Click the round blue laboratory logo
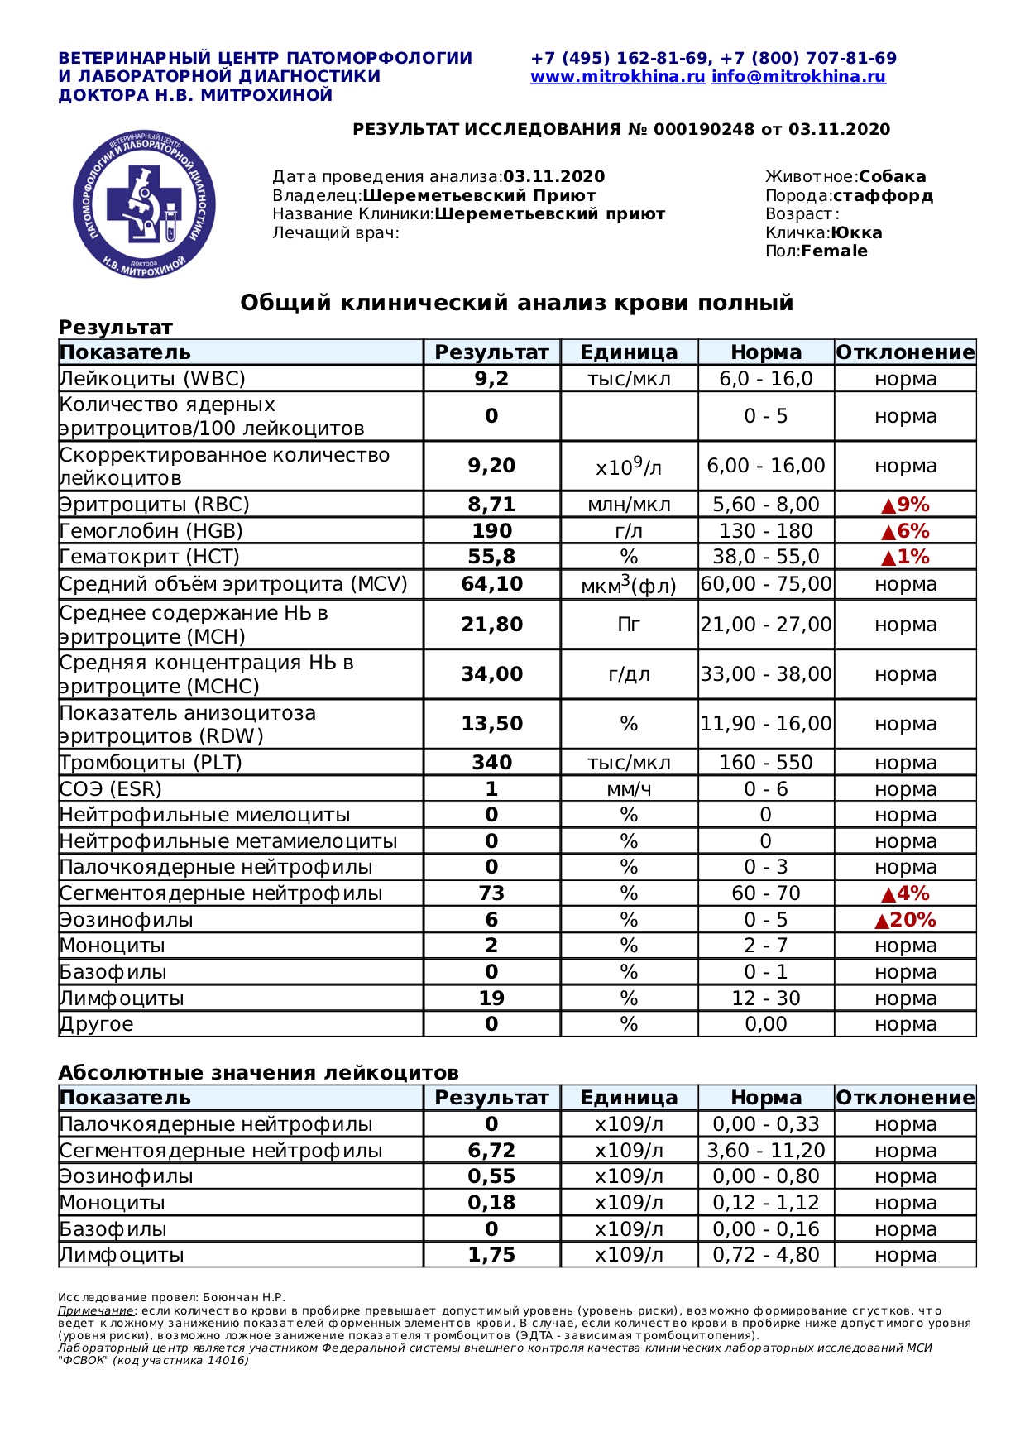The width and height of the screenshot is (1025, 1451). pos(145,204)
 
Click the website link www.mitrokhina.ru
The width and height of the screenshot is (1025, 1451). pos(617,77)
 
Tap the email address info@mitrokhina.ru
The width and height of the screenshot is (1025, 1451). pos(798,77)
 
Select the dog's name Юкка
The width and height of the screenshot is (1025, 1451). pos(856,232)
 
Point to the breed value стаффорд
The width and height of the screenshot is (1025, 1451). pos(883,196)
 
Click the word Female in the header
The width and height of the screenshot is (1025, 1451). pos(834,251)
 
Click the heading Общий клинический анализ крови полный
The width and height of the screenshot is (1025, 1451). pos(516,303)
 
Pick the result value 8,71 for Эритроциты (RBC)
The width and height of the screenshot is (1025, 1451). pos(491,505)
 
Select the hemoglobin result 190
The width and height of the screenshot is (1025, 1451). pos(491,531)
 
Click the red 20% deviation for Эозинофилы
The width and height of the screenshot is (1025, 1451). pos(905,920)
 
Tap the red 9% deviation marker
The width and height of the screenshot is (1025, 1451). pos(905,505)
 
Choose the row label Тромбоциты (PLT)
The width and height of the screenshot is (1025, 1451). pos(151,763)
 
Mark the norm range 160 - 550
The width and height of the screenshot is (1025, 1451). pos(765,763)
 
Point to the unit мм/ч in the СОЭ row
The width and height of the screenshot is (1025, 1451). pos(629,789)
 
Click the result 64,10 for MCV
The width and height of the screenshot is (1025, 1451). pos(491,584)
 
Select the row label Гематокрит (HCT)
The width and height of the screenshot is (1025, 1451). pos(149,557)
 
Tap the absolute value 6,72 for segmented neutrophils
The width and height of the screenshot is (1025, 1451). pos(491,1151)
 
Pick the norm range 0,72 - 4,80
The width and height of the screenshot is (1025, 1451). pos(765,1255)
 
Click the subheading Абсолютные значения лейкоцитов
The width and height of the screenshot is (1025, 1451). pos(258,1073)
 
